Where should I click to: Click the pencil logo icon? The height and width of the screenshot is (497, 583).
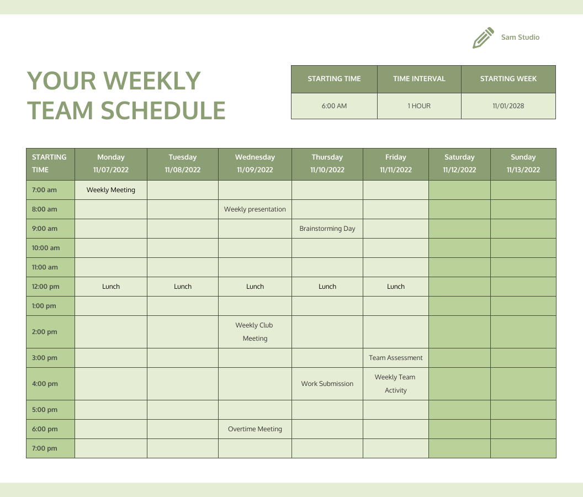tap(483, 38)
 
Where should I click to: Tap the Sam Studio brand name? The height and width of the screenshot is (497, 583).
tap(520, 38)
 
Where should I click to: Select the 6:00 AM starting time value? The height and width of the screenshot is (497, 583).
tap(334, 106)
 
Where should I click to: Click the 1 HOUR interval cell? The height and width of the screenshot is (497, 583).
tap(419, 106)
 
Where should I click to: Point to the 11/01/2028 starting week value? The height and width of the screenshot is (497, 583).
tap(508, 106)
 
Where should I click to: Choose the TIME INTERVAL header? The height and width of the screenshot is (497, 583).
tap(419, 79)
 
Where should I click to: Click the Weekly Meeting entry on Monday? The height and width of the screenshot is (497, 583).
tap(111, 190)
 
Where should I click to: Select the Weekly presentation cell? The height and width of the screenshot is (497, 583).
tap(255, 209)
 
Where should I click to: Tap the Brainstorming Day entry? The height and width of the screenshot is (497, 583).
tap(327, 229)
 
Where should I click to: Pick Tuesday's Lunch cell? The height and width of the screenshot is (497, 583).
tap(183, 287)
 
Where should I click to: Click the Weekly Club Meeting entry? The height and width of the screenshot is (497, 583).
tap(255, 332)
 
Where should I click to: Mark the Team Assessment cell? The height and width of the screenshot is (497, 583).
tap(396, 358)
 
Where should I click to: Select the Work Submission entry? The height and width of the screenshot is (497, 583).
tap(327, 384)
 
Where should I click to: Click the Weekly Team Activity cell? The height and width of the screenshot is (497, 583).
tap(395, 384)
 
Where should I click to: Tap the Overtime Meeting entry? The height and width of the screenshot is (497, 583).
tap(255, 429)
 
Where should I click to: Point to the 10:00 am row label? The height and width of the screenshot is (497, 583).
tap(46, 248)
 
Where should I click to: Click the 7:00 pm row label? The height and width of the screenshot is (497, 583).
tap(45, 448)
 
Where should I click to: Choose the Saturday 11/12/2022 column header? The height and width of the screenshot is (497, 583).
tap(459, 163)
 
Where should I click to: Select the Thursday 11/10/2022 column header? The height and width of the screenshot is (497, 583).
tap(327, 163)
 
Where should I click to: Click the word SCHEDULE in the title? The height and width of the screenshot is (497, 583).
tap(163, 110)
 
